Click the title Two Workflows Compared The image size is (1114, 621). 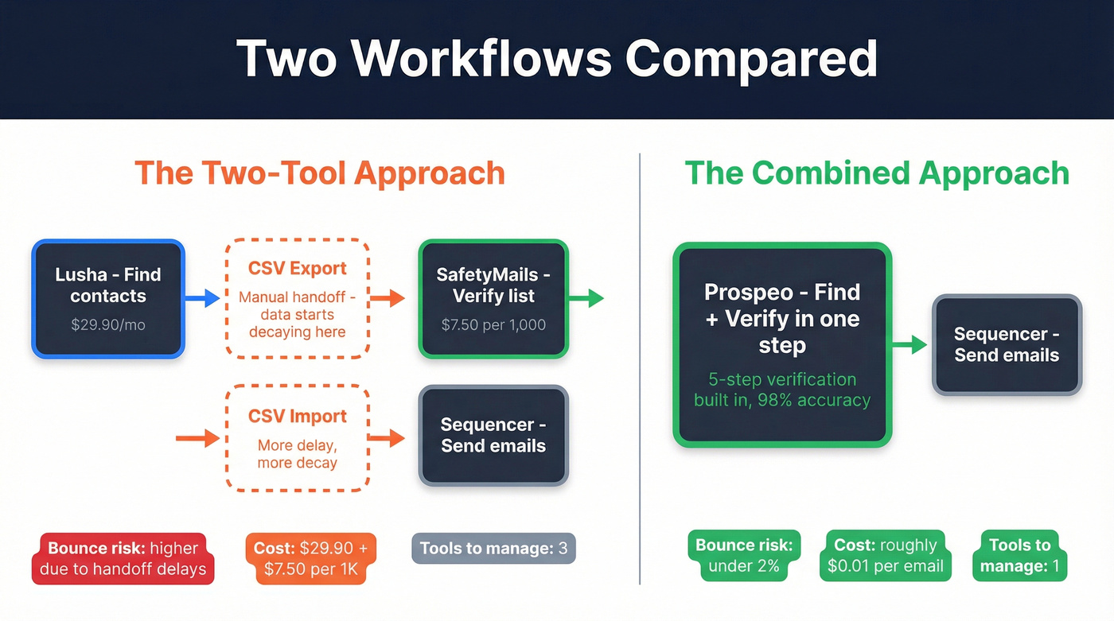pos(556,57)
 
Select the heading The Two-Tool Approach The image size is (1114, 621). pos(320,173)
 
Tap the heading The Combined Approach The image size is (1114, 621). pos(877,173)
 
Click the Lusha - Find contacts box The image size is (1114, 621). pos(108,298)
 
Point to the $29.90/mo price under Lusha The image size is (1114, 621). pos(108,324)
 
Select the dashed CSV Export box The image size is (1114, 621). pos(297,298)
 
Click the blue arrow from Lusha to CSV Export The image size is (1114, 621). pos(204,298)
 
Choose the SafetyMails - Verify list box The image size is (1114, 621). pos(493,298)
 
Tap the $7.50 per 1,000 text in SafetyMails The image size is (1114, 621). pos(493,324)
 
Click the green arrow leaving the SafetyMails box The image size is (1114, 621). pos(587,299)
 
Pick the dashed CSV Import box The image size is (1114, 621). pos(297,437)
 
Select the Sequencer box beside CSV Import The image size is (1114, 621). pos(493,435)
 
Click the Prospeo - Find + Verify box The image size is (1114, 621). pos(782,344)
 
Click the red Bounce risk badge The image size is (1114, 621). pos(123,558)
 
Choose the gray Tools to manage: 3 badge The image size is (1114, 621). pos(493,549)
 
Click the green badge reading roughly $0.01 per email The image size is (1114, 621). pos(886,556)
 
